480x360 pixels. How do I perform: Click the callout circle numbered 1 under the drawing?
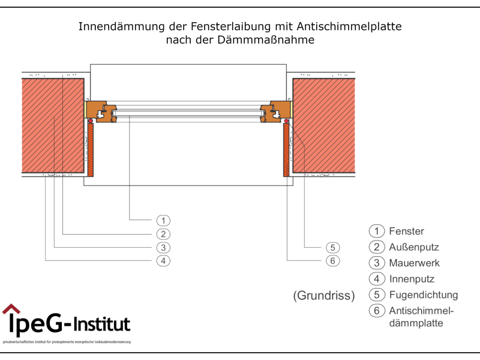point(163,220)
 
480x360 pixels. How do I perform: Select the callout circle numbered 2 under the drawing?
point(163,234)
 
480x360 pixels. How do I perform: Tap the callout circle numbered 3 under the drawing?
point(163,247)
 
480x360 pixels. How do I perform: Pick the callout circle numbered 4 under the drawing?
point(163,260)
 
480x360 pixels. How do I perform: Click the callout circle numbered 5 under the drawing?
point(334,247)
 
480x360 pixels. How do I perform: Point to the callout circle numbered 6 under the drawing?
point(334,260)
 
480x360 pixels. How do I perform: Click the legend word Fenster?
point(406,231)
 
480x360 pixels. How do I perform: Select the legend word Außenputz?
point(414,247)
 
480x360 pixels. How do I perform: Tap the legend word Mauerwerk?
point(414,263)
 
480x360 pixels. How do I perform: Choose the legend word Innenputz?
point(412,279)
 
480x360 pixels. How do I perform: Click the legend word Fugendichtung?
point(423,295)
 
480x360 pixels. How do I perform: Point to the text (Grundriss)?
point(324,295)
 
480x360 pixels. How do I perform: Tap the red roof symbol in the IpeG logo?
point(11,309)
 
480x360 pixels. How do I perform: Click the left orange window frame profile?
point(101,111)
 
